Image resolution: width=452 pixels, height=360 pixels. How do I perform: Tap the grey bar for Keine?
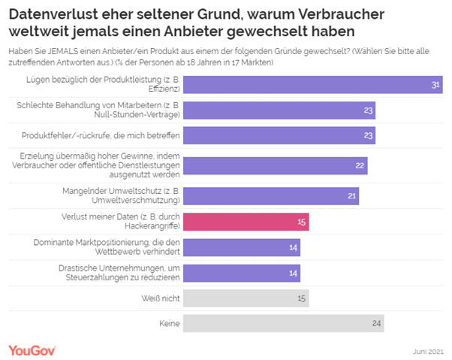284,324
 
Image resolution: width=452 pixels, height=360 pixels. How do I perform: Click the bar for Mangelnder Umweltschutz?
271,196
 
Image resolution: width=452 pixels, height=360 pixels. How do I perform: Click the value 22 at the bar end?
360,165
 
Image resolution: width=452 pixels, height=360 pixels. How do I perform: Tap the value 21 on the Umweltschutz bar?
351,196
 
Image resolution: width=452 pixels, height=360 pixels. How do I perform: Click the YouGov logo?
33,349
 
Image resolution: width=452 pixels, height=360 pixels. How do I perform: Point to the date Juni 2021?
427,351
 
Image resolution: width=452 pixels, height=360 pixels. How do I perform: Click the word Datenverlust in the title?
52,13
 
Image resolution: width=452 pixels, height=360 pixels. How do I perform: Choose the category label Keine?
167,324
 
